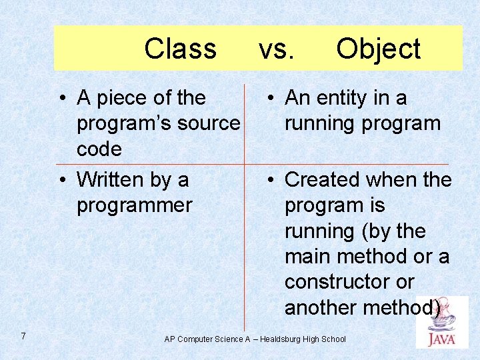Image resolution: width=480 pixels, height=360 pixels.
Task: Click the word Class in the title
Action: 180,49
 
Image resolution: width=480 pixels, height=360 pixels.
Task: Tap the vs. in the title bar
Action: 276,49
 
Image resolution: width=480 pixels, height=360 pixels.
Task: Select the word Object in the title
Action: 378,49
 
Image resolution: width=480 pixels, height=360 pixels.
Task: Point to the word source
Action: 207,123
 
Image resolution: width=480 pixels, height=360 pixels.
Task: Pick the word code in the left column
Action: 99,149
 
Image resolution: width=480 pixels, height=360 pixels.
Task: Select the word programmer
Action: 134,205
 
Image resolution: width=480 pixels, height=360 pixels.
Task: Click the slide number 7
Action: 23,336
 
